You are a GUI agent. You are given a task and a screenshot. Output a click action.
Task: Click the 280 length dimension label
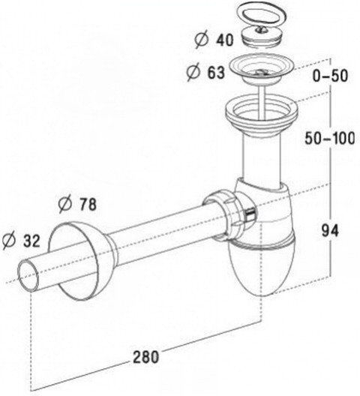point(146,356)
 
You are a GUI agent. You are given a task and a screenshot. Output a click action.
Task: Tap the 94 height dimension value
point(330,230)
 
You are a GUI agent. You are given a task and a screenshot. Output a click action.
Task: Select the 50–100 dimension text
point(330,138)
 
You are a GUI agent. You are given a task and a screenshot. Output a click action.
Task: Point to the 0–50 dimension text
point(331,75)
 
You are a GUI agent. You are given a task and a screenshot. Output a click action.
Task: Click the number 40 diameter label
point(224,40)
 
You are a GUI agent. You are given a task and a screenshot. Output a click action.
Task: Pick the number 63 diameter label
point(216,73)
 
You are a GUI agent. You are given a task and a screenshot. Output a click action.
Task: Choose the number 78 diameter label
point(88,204)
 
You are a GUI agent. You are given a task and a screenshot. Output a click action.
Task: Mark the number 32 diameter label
point(31,241)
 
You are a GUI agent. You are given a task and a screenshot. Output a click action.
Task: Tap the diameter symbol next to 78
point(65,204)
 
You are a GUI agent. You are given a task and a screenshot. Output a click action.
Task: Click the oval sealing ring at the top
point(262,15)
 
